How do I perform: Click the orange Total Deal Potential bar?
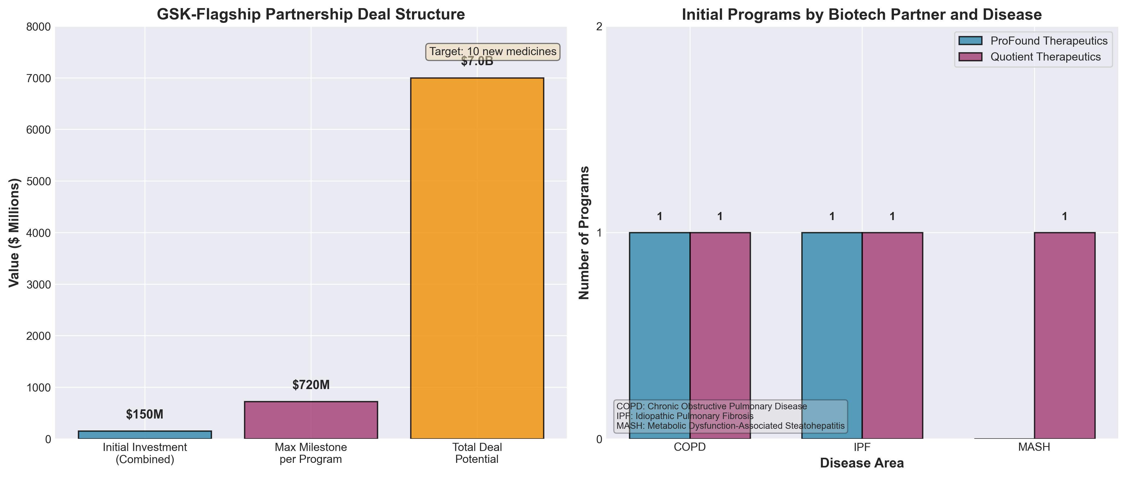(477, 258)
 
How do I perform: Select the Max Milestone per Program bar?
(311, 420)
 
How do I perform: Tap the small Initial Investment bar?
(145, 435)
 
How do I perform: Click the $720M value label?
(311, 385)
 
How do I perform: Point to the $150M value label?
(145, 414)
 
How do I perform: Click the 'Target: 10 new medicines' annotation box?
(493, 52)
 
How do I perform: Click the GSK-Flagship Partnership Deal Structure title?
(311, 14)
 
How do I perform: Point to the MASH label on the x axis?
(1034, 447)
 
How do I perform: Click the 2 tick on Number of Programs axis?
(599, 27)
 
